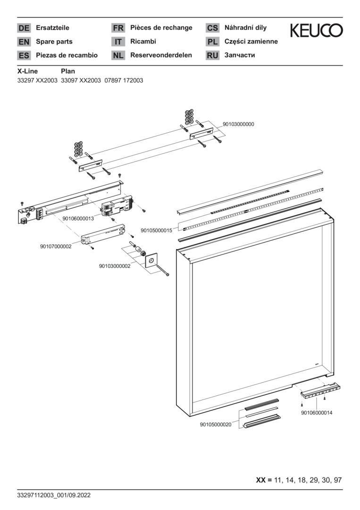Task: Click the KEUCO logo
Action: [316, 31]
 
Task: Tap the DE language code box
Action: [24, 28]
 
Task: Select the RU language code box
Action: [212, 55]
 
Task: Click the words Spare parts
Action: [54, 42]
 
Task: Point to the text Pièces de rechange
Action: [161, 28]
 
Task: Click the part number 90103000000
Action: [238, 124]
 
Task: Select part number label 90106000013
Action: [78, 219]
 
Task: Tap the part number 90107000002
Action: [56, 246]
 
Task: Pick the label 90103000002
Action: [115, 266]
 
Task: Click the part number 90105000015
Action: [156, 230]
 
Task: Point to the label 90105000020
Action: [216, 425]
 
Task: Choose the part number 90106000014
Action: [317, 413]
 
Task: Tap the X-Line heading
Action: [27, 71]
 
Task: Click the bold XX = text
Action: [264, 480]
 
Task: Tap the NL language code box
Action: [118, 55]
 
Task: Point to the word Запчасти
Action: [240, 55]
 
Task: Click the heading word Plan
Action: [68, 71]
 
